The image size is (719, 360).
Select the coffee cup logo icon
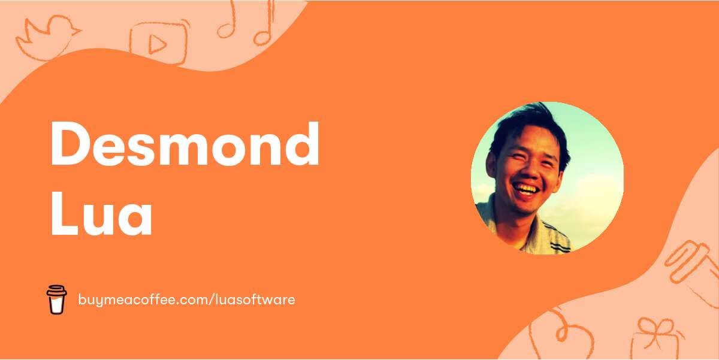tap(56, 299)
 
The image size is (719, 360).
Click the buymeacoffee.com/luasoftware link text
tap(186, 299)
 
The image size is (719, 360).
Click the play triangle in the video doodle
tap(157, 43)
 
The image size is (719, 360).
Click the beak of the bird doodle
tap(77, 31)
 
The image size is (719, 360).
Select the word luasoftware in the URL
tap(255, 299)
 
